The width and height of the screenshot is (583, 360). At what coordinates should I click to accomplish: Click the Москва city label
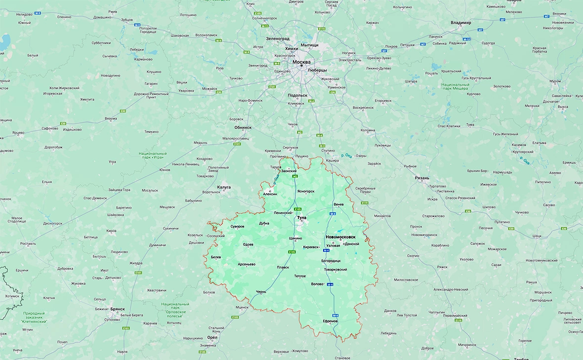301,62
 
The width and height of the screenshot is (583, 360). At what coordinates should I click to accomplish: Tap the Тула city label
301,217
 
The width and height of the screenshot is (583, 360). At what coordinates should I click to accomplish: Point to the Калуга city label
224,187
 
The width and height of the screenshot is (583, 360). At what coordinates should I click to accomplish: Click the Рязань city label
422,178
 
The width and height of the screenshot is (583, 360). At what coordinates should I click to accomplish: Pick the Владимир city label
461,23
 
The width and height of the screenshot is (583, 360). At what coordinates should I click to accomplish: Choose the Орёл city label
212,337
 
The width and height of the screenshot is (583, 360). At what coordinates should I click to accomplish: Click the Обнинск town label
243,127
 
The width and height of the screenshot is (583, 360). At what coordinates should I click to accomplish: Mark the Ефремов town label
330,321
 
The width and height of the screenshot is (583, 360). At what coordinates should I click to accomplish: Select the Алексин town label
270,195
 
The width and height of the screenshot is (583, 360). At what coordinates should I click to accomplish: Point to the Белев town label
216,257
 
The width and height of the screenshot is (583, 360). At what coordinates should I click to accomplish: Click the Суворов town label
237,227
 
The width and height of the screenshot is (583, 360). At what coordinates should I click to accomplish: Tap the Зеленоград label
278,39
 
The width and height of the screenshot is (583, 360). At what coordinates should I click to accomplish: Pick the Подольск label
297,95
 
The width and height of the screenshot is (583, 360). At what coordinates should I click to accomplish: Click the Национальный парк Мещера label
455,87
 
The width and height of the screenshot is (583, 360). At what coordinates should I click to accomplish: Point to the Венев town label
338,204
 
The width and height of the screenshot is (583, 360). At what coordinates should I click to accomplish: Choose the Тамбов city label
521,359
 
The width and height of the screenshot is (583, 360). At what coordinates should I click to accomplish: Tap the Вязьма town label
111,119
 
